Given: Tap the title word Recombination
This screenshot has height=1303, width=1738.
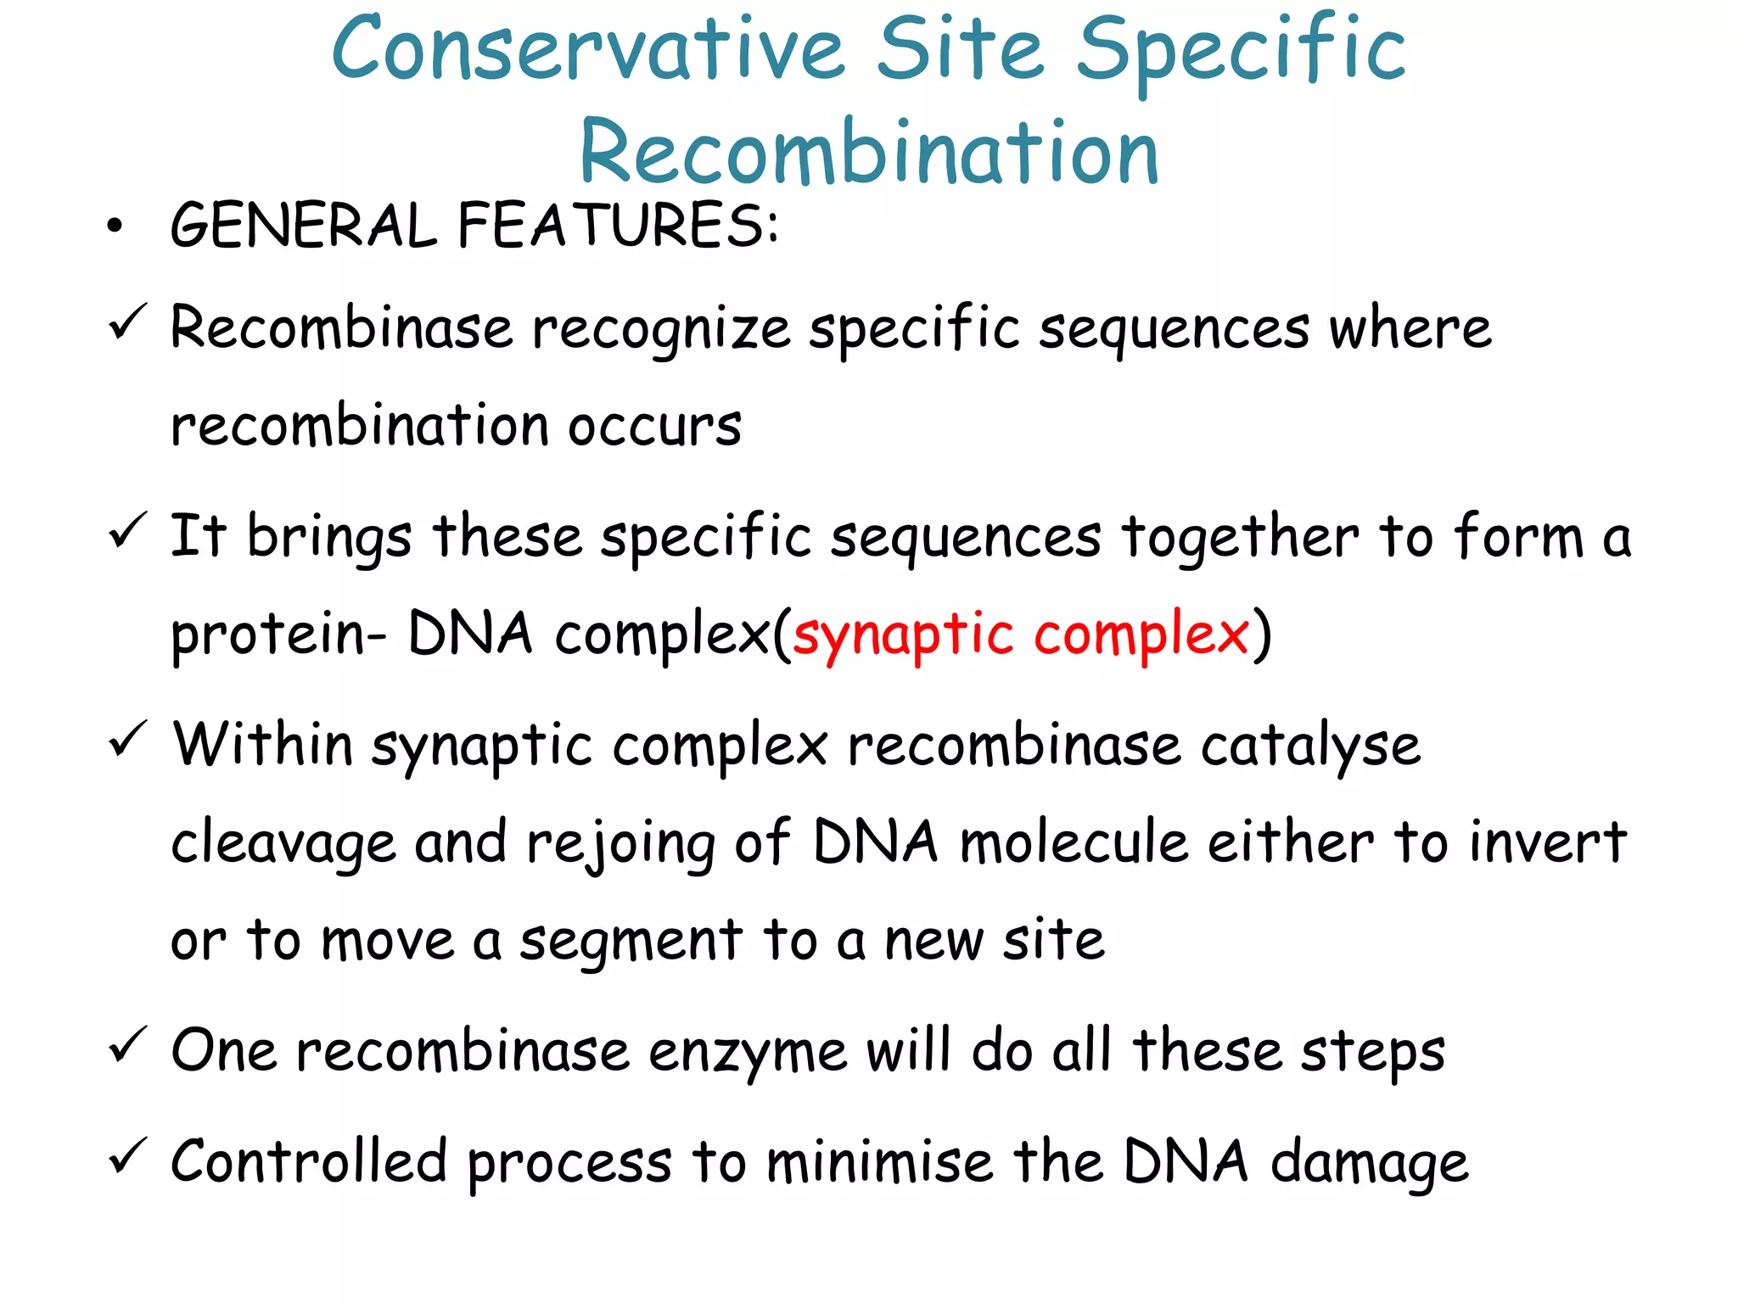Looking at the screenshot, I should click(869, 153).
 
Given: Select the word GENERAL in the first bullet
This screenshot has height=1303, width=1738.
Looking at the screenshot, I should click(303, 226).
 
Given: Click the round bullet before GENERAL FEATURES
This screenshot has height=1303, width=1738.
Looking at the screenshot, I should click(115, 226).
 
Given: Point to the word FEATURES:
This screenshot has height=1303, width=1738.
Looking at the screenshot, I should click(618, 226).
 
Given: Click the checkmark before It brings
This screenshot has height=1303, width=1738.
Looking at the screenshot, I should click(128, 531).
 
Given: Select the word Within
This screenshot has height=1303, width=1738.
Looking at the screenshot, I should click(263, 745).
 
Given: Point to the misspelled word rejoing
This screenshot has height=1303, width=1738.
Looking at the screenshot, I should click(620, 845).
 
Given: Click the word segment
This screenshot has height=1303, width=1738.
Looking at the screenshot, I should click(631, 942).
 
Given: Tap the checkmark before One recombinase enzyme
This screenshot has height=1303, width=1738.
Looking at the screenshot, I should click(128, 1045).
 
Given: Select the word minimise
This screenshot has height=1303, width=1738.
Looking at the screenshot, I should click(879, 1162).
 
